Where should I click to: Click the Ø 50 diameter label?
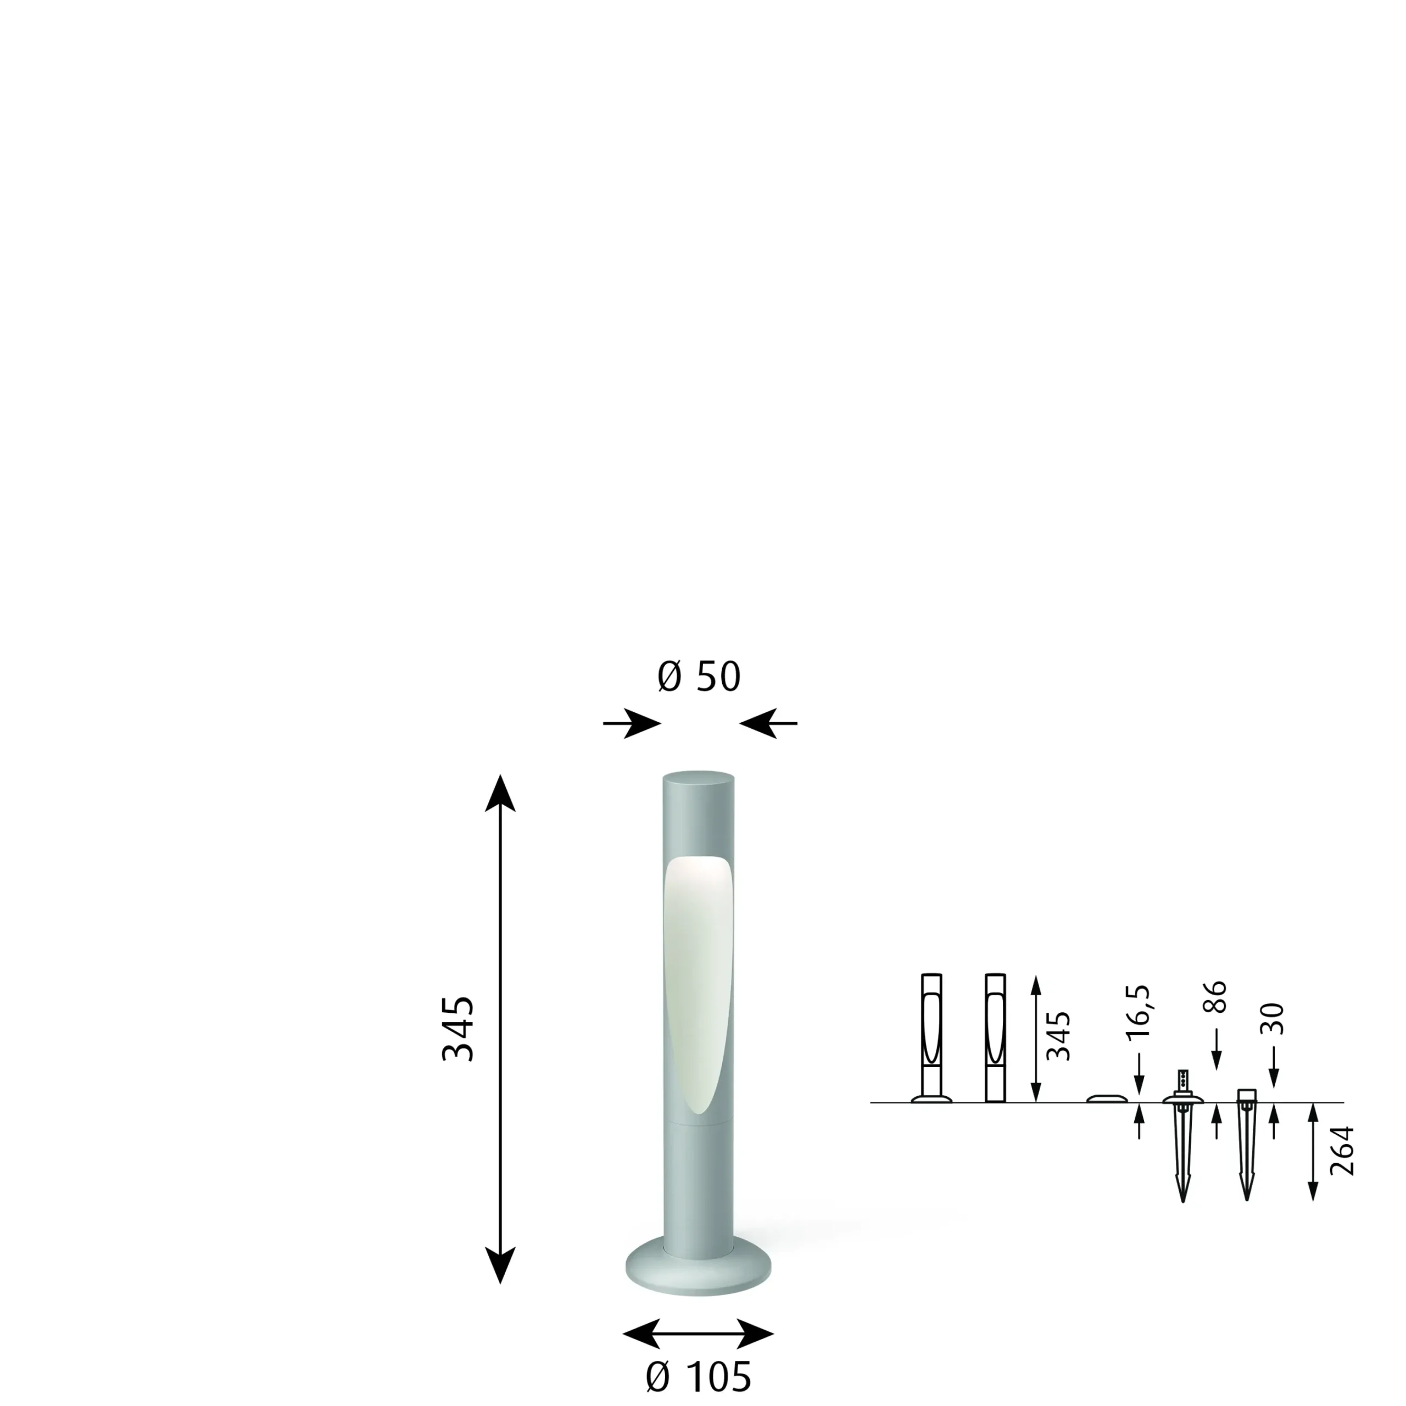699,677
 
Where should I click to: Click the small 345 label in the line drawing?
1058,1036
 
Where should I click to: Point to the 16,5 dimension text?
1137,1012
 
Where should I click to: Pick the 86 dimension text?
1215,997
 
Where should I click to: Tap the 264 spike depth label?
1342,1151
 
